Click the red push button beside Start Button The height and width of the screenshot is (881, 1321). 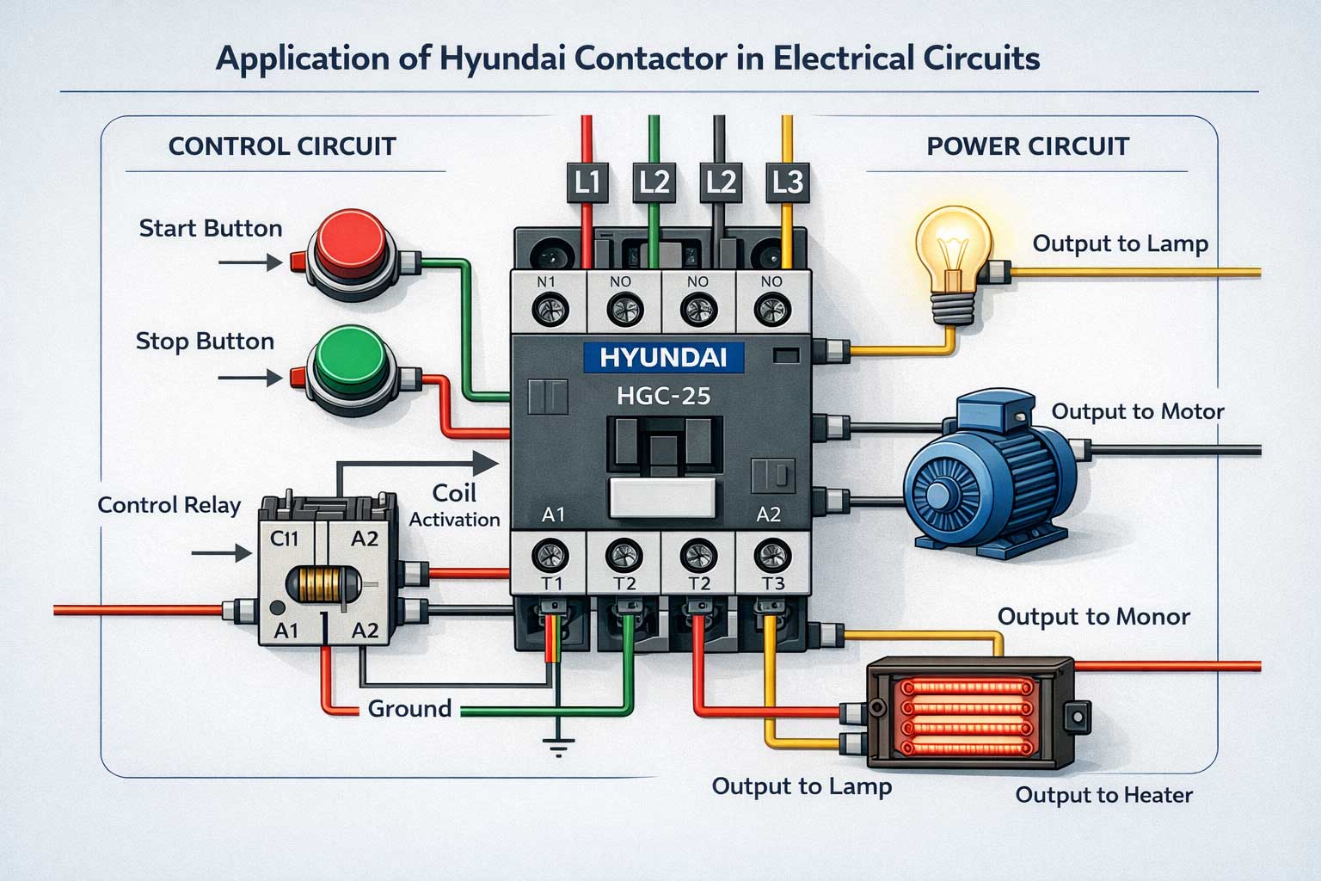click(x=351, y=245)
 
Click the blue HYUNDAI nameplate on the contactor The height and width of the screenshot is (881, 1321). click(x=663, y=357)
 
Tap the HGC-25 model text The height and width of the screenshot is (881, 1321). click(x=663, y=397)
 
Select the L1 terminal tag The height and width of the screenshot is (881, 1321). click(x=587, y=182)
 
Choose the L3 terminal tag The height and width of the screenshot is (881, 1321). click(x=788, y=182)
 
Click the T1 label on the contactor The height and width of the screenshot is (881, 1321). click(x=550, y=583)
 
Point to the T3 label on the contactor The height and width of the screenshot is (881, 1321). click(x=772, y=583)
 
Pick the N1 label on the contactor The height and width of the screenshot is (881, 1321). click(x=547, y=281)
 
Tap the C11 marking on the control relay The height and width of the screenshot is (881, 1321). click(x=285, y=539)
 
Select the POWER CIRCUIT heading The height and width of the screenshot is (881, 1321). click(x=1028, y=146)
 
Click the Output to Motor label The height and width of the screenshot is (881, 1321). click(x=1137, y=411)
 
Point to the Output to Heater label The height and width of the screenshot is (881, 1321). click(x=1103, y=794)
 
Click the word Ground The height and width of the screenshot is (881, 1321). click(x=409, y=708)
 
